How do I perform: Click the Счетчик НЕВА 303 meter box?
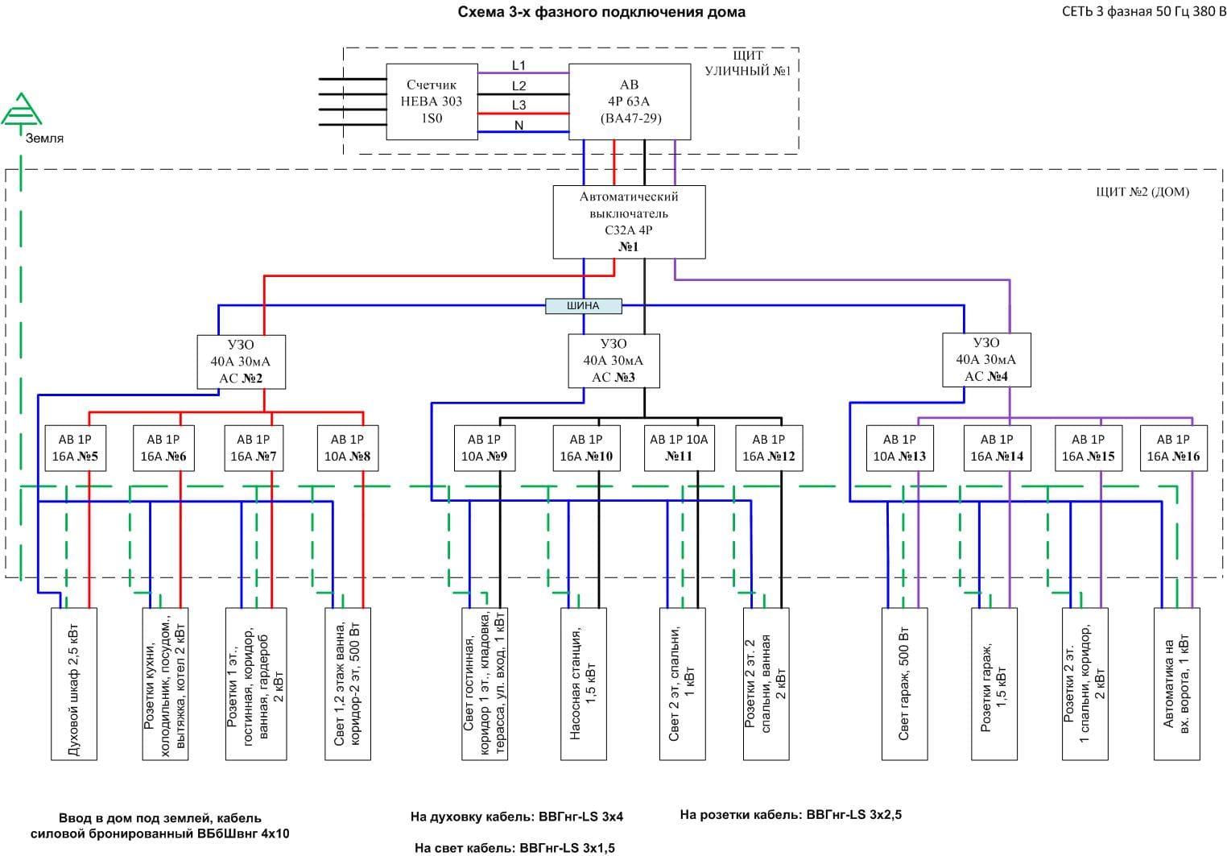point(431,101)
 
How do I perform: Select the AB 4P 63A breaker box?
point(629,101)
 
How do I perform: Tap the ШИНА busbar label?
point(584,306)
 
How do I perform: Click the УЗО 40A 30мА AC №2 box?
point(241,362)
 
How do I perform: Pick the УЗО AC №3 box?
point(613,361)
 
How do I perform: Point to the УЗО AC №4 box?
point(986,359)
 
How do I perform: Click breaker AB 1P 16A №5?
point(75,448)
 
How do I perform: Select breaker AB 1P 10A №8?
point(347,448)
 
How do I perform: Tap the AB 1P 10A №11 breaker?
point(679,448)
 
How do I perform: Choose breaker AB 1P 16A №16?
point(1173,448)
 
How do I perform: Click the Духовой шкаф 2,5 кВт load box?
point(73,684)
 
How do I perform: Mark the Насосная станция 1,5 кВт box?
point(583,684)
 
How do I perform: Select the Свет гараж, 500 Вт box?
point(904,684)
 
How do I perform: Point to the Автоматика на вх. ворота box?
point(1176,684)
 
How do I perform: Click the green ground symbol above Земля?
point(21,110)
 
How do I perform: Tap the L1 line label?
point(518,65)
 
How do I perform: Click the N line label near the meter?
point(518,125)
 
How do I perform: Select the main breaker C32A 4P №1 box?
point(629,221)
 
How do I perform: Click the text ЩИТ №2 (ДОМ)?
point(1142,192)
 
